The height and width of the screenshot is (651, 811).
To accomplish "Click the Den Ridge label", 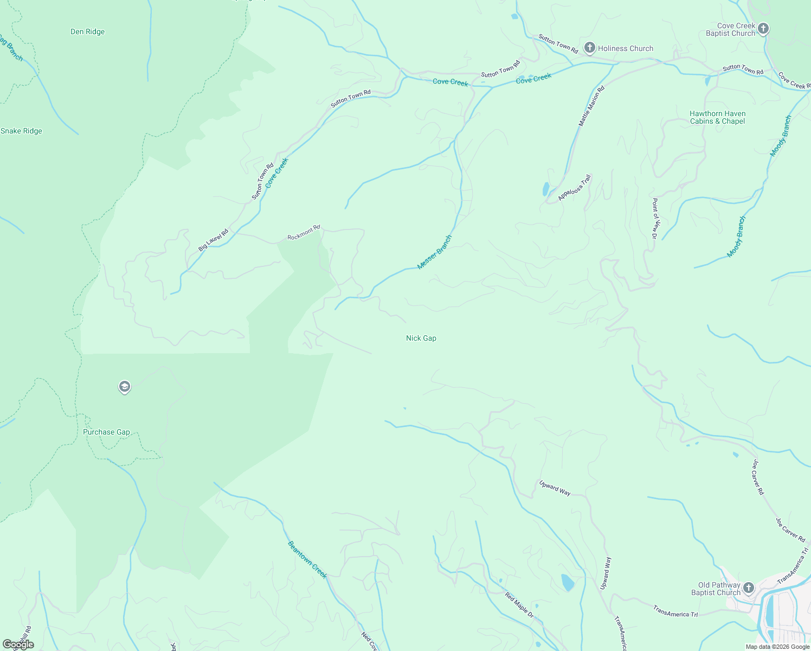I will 87,32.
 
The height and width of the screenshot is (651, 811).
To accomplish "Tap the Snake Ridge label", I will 22,131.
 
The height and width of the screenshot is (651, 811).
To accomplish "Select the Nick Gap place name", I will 421,338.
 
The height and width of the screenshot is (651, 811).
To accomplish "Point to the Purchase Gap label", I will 106,432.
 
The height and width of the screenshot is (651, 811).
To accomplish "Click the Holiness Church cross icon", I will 589,48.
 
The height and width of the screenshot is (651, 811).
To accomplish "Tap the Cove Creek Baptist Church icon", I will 763,28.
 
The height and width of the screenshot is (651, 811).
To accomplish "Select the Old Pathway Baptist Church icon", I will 748,588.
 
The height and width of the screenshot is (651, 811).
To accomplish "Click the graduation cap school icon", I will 125,387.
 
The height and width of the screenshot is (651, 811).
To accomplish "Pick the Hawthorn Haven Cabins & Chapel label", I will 717,118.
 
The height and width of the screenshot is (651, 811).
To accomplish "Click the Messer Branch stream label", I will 434,252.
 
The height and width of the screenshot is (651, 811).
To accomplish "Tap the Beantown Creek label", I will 307,559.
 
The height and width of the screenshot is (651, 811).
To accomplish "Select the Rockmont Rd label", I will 304,233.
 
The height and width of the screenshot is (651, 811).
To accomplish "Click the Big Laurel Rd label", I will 213,240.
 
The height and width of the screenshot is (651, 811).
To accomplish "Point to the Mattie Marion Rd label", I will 591,106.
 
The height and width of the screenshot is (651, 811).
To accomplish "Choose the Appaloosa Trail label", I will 575,188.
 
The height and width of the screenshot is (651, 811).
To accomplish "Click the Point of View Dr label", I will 654,219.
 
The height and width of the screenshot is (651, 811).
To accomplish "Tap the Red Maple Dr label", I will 519,605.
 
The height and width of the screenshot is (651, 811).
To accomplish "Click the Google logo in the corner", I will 18,644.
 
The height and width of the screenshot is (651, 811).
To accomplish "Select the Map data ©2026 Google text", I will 777,647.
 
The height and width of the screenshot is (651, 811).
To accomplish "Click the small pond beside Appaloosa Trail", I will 545,189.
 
